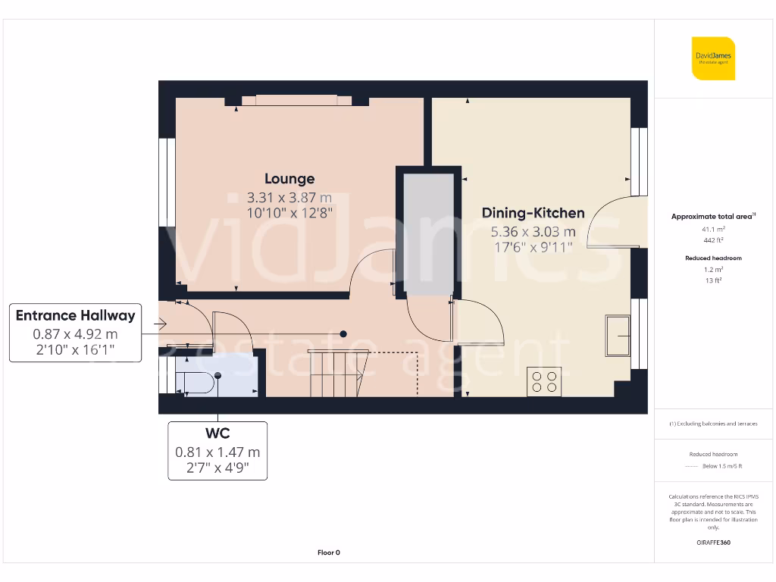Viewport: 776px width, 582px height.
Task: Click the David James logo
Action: click(x=713, y=58)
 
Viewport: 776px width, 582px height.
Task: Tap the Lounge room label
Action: click(x=289, y=179)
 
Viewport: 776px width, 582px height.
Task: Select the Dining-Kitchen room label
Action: click(x=533, y=213)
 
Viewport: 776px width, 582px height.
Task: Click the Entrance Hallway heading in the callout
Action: click(x=75, y=315)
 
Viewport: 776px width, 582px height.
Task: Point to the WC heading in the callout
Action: click(x=217, y=433)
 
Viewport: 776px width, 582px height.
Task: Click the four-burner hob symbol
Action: click(x=544, y=380)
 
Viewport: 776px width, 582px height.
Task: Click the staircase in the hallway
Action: click(x=336, y=373)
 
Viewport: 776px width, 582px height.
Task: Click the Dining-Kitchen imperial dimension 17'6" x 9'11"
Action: click(x=533, y=247)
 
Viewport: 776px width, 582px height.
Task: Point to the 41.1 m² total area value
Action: click(x=714, y=228)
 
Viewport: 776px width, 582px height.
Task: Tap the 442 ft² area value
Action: click(x=714, y=239)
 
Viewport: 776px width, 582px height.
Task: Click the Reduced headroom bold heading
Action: click(x=714, y=258)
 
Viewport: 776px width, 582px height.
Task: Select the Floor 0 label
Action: click(x=328, y=552)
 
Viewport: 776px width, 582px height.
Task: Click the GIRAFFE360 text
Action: click(x=714, y=543)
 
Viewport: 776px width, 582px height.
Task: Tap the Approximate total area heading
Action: click(x=712, y=217)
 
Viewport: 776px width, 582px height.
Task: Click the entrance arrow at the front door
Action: click(x=160, y=324)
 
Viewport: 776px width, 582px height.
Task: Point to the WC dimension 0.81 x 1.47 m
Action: click(x=217, y=452)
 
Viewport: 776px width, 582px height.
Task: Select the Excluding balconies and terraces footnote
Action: click(x=714, y=424)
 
